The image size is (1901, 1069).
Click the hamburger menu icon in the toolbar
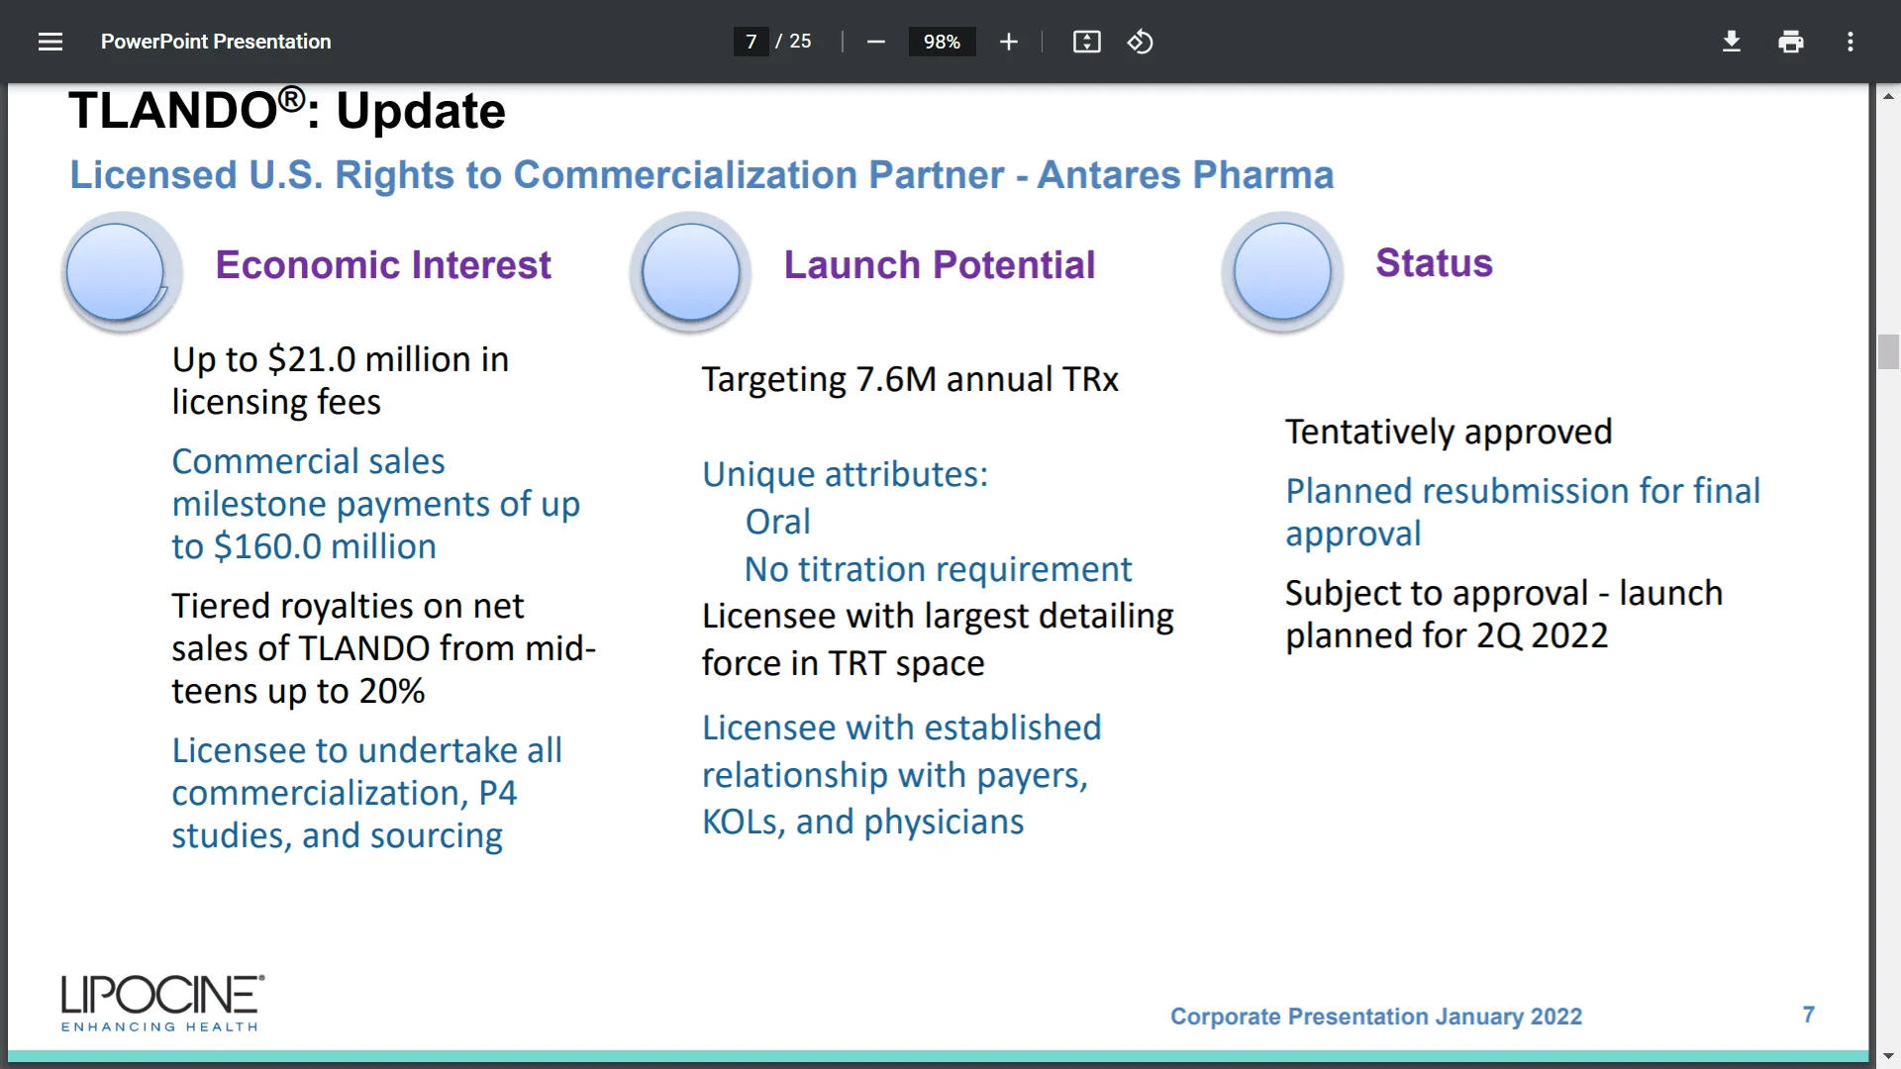coord(50,42)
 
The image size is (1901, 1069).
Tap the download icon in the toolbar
coord(1731,42)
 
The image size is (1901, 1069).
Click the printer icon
coord(1790,42)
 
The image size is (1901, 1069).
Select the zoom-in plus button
coord(1008,42)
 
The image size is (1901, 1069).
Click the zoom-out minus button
coord(875,42)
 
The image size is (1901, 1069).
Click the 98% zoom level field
coord(941,42)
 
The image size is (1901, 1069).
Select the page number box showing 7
coord(750,42)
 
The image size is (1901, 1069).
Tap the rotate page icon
coord(1140,42)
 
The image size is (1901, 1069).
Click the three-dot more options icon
coord(1850,42)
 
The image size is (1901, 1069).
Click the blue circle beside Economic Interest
coord(117,272)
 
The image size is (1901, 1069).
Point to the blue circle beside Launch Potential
coord(690,272)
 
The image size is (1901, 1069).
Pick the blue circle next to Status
coord(1282,272)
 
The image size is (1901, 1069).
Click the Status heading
coord(1433,263)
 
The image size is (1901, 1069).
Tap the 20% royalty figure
coord(392,691)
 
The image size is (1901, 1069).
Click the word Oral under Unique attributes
coord(777,522)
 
